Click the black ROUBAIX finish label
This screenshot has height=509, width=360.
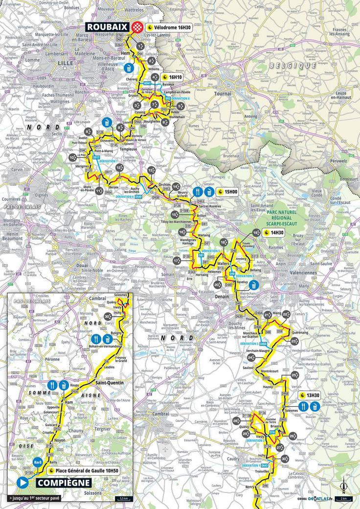(x=109, y=27)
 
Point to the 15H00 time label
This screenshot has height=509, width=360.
(x=227, y=192)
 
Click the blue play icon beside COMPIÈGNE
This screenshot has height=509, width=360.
(x=21, y=483)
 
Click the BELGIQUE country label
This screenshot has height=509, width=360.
(x=292, y=65)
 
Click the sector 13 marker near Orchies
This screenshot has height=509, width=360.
(x=151, y=170)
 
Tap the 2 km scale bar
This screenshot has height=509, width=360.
(x=346, y=499)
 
